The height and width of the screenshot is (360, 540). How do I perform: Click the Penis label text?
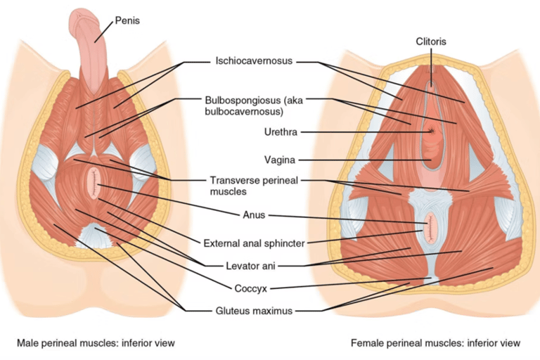point(127,20)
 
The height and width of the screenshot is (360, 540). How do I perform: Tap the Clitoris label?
point(431,41)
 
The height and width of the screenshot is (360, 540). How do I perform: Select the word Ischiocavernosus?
point(254,60)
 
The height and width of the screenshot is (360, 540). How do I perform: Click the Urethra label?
point(281,132)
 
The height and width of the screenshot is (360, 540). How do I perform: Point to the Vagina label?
point(280,160)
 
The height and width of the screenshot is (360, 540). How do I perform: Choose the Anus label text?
point(254,215)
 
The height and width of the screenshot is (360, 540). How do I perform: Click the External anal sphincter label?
point(254,243)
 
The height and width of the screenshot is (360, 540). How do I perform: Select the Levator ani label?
point(250,266)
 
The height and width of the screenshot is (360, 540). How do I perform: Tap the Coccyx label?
point(251,288)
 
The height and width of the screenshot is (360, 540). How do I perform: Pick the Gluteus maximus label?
point(254,311)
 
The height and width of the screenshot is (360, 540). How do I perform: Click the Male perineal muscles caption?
point(96,343)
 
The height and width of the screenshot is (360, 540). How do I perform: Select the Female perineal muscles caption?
point(435,343)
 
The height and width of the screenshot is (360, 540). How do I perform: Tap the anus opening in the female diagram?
point(430,228)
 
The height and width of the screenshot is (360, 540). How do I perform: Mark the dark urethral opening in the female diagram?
point(431,131)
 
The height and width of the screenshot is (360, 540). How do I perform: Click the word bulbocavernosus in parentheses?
point(244,112)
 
